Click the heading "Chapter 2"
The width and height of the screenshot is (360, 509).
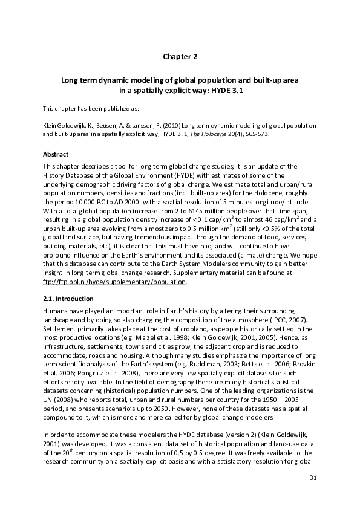pos(180,57)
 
